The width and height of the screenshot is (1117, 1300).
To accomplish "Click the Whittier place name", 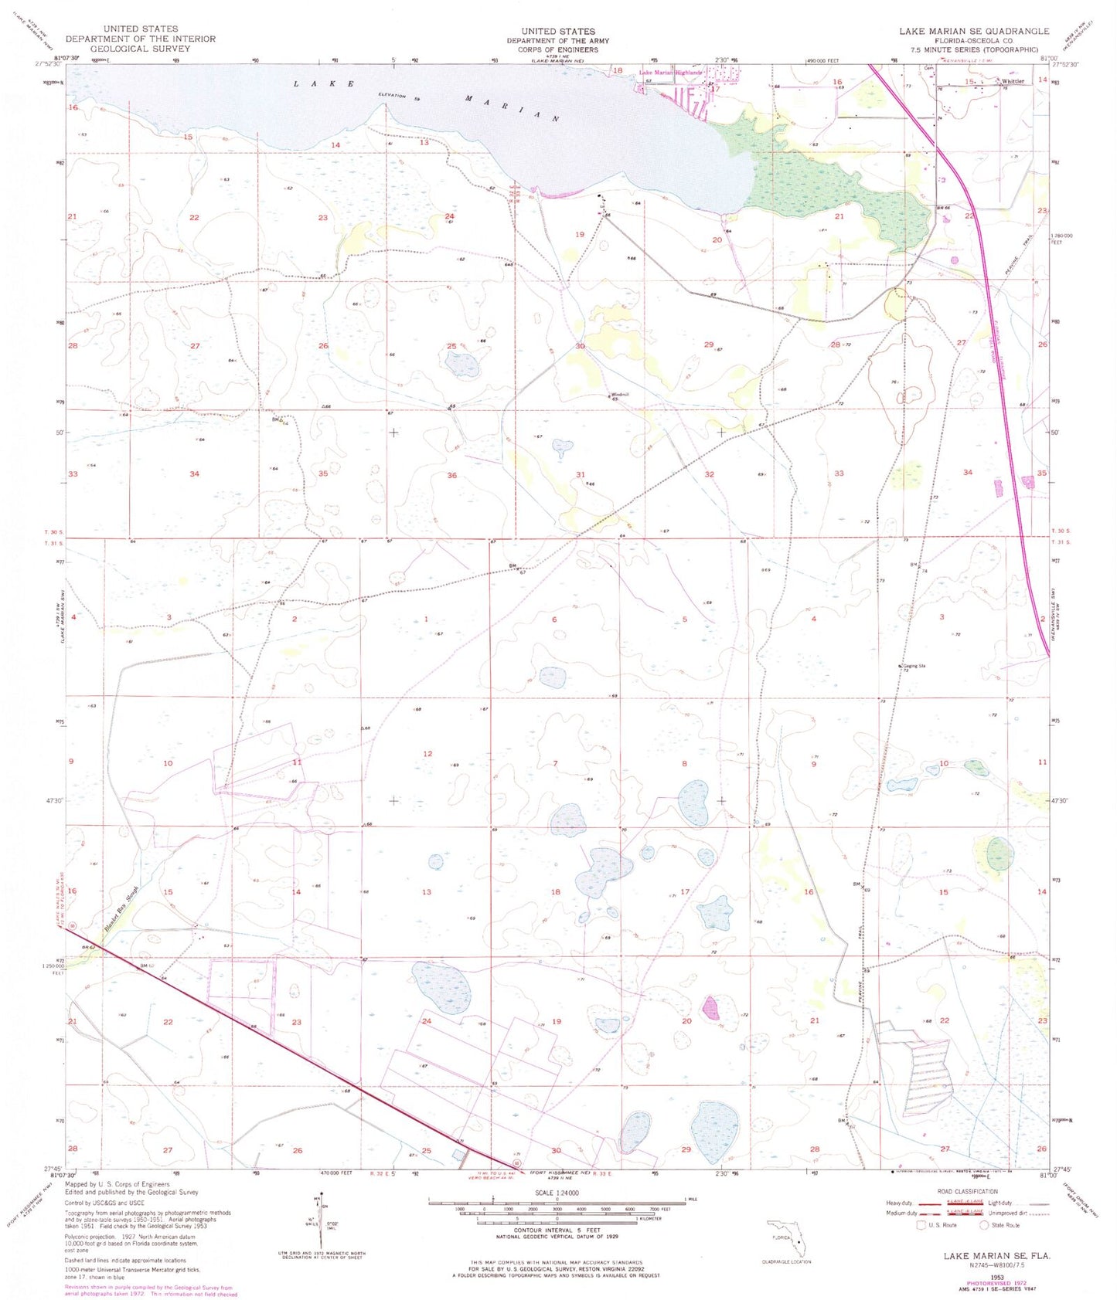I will pyautogui.click(x=1013, y=81).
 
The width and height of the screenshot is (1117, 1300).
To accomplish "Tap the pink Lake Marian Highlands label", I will pyautogui.click(x=670, y=73).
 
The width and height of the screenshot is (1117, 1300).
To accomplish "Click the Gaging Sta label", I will pyautogui.click(x=911, y=665).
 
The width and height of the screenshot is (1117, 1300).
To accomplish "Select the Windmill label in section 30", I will pyautogui.click(x=620, y=395).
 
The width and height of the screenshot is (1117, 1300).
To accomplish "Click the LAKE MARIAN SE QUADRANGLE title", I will pyautogui.click(x=973, y=31).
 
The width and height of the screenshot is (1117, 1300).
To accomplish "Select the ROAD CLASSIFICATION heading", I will pyautogui.click(x=966, y=1192).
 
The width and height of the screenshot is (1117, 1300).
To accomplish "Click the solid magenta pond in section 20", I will pyautogui.click(x=710, y=1006).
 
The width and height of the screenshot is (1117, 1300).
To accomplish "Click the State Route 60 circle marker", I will pyautogui.click(x=516, y=1163).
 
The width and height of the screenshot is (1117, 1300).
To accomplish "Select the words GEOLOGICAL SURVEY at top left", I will pyautogui.click(x=140, y=49).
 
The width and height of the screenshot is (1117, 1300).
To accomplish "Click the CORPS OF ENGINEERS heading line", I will pyautogui.click(x=557, y=49).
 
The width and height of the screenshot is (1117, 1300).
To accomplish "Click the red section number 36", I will pyautogui.click(x=451, y=475).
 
